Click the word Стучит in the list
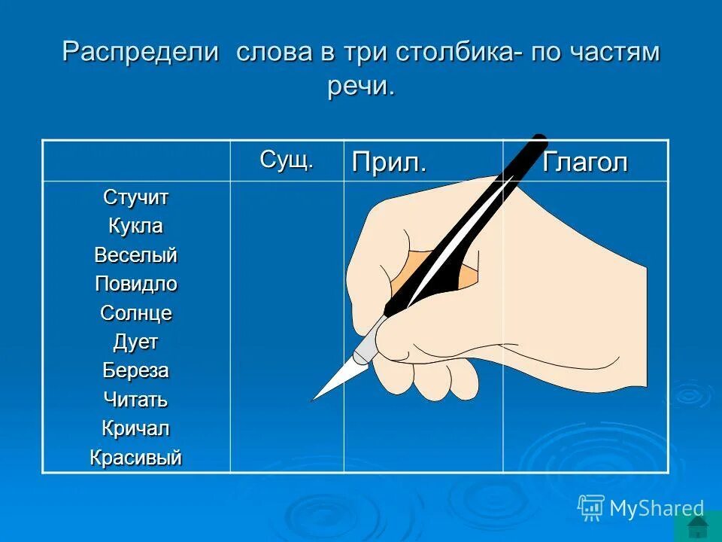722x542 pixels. point(136,198)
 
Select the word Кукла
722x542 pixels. point(136,227)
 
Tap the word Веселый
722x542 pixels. point(136,255)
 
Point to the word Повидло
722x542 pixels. point(136,284)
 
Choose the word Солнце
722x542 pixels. point(136,313)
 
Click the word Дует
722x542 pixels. point(136,342)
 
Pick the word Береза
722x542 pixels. point(136,370)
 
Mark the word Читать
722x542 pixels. point(136,400)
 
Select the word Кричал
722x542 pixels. point(136,428)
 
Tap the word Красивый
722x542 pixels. point(136,457)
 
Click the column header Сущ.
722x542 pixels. point(287,160)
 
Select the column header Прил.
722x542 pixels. point(389,163)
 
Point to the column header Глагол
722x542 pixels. point(585,163)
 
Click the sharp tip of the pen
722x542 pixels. point(314,397)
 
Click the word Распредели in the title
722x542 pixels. point(141,53)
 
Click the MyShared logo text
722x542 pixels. point(656,508)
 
